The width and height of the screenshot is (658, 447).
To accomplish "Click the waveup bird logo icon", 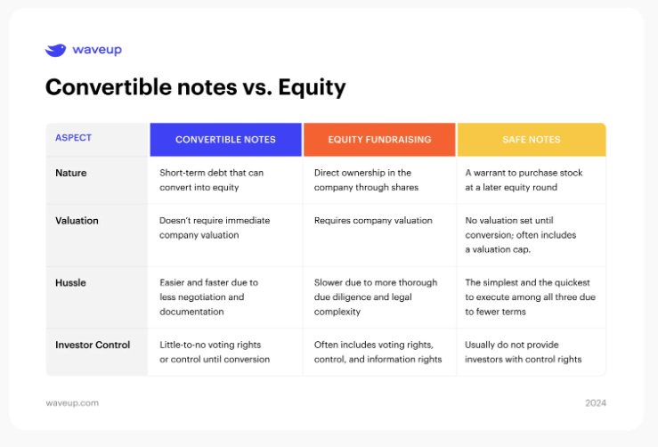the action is [x=55, y=50].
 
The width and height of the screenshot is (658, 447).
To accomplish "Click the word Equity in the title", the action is [x=312, y=88].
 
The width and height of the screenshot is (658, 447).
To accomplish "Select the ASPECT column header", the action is [x=73, y=138].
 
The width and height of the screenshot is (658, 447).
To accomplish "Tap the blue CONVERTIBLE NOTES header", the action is [x=226, y=140].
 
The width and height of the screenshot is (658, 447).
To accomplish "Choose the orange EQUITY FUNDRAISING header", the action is [x=379, y=140].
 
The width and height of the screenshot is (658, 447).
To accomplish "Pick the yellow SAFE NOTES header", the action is [x=532, y=140].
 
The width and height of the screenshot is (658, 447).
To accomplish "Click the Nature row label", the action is [x=71, y=173].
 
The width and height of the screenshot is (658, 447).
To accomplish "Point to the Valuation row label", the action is [x=77, y=221].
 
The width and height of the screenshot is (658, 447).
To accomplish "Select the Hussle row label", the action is [x=70, y=283].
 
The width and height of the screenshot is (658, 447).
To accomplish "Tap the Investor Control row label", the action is [x=93, y=345].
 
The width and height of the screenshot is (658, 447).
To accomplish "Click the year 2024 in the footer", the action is [x=596, y=403].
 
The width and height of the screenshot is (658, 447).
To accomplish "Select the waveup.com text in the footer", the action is [x=72, y=403].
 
